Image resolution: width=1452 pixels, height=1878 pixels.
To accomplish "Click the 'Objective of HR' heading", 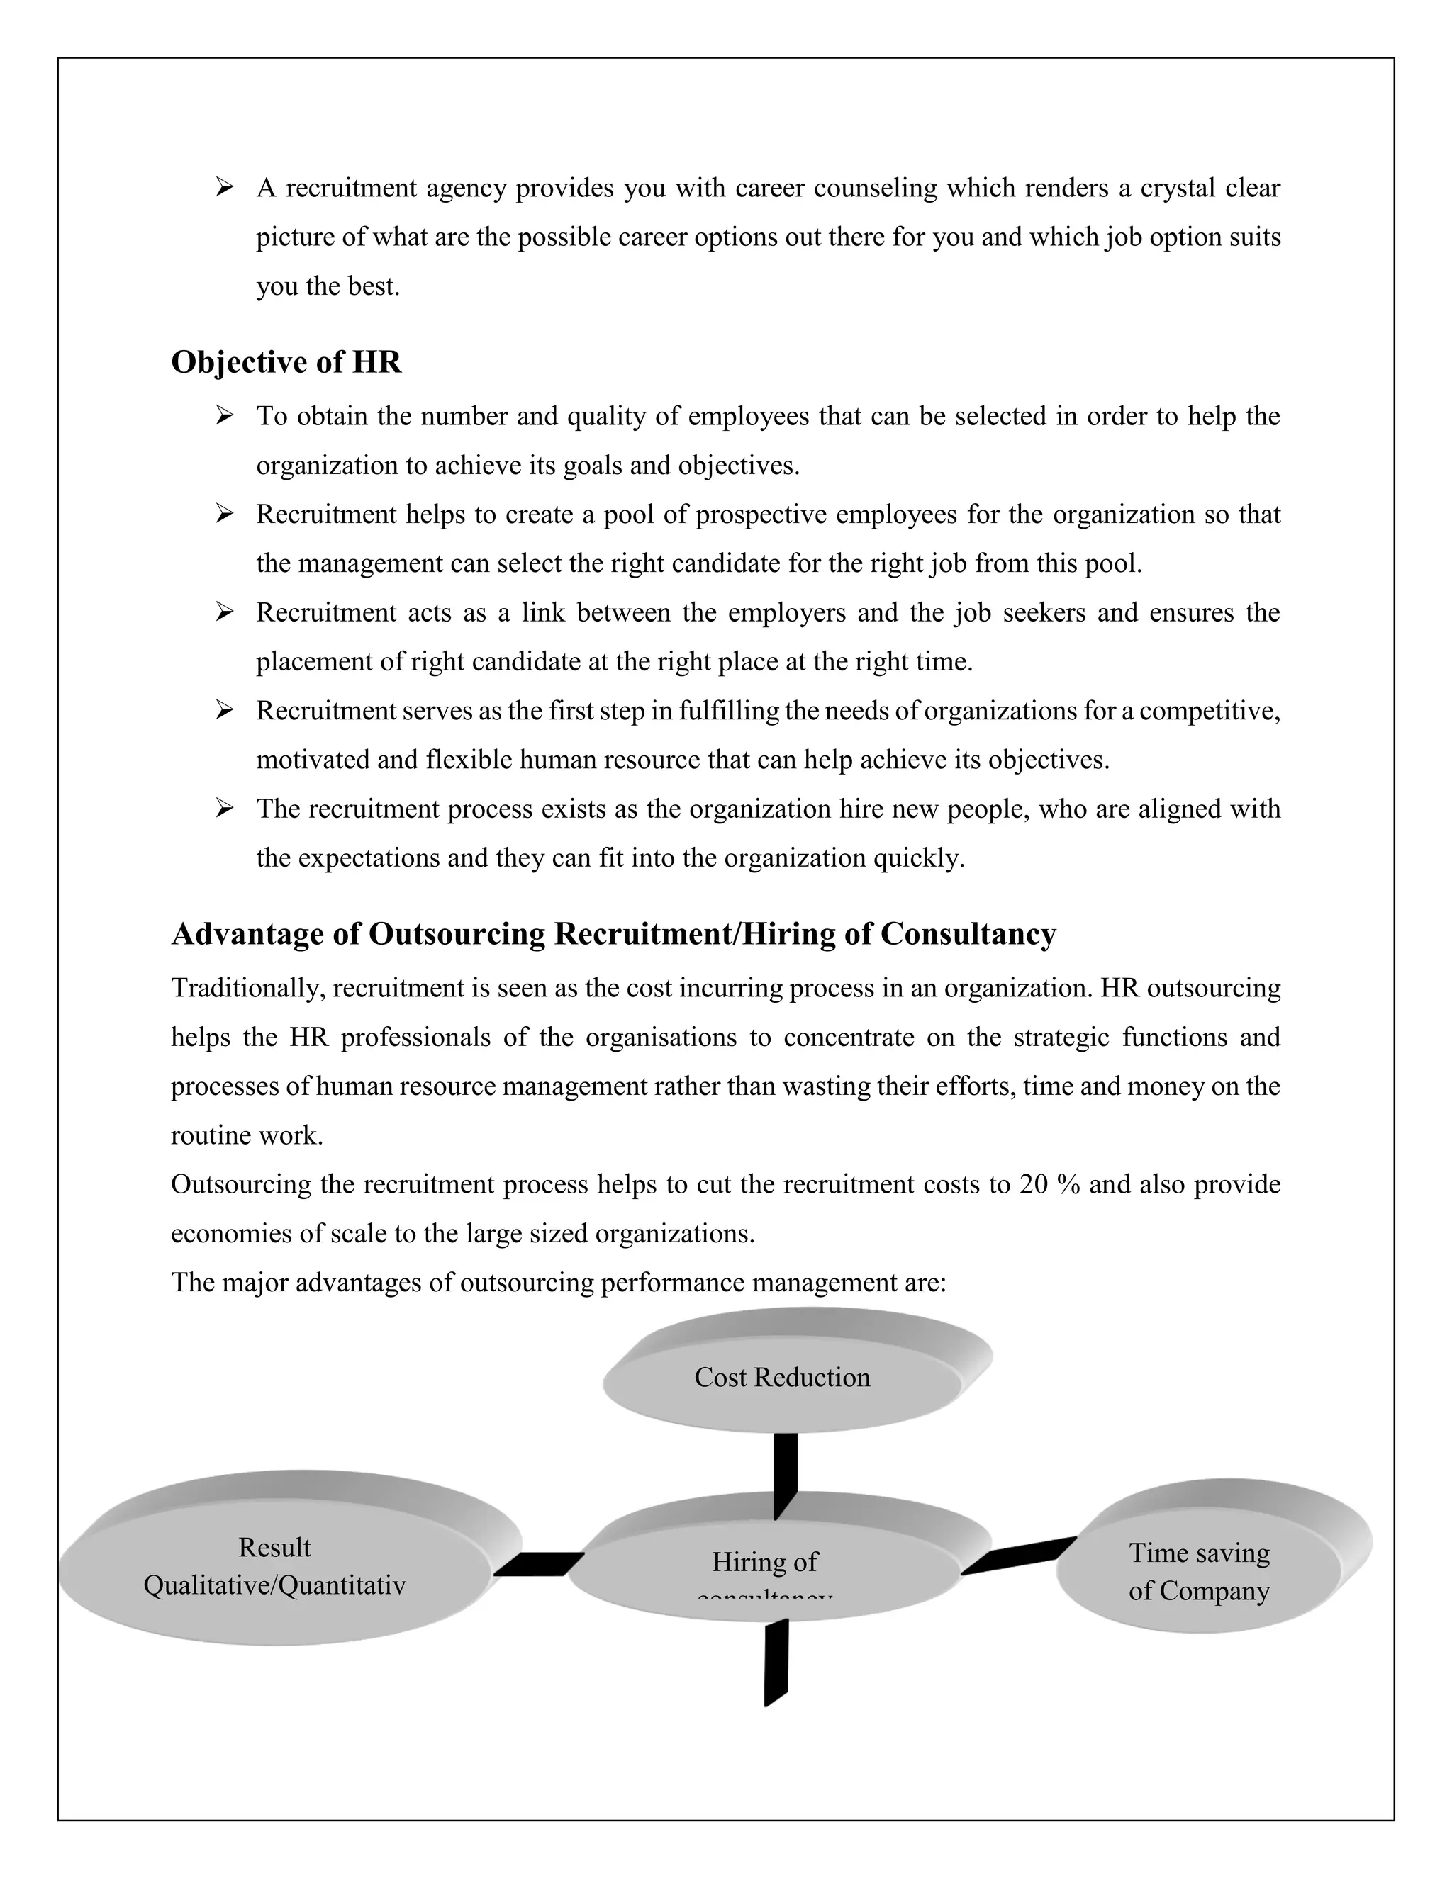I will [286, 362].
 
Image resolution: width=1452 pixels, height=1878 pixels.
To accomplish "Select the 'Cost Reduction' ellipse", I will [781, 1378].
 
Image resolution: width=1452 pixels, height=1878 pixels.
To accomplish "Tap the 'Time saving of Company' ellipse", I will [1198, 1572].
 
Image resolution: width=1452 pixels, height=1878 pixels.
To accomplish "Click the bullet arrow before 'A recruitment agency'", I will [225, 186].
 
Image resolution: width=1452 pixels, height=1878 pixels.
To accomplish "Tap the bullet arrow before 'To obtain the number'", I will [225, 416].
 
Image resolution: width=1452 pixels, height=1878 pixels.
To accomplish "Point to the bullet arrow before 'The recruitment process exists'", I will [225, 809].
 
